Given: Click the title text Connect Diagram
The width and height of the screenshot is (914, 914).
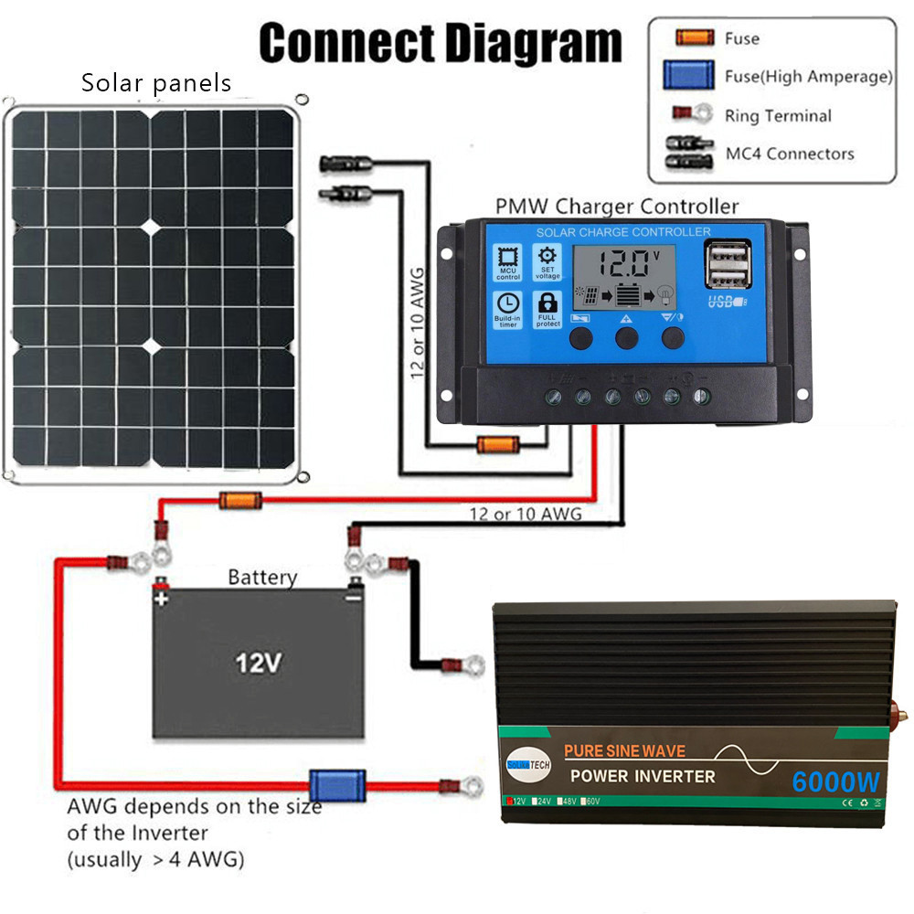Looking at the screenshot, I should [x=440, y=42].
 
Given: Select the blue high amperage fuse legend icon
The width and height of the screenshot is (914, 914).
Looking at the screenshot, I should [x=688, y=76].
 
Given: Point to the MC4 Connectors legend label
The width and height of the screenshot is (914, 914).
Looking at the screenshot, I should [x=790, y=154].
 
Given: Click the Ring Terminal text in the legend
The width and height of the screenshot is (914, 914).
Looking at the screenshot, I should [x=778, y=116].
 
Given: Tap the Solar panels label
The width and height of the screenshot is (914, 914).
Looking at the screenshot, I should [x=156, y=84].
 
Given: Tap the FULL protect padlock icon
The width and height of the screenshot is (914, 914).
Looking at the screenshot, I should [x=547, y=309].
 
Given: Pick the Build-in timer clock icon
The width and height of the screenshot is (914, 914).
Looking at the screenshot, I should [x=507, y=309].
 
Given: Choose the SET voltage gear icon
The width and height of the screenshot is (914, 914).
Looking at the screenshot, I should [x=547, y=260].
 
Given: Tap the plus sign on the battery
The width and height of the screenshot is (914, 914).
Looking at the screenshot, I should [x=162, y=599].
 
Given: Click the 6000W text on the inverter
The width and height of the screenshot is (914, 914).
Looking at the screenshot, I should [x=835, y=782].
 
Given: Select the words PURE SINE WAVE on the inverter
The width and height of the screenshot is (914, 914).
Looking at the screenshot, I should [x=624, y=751].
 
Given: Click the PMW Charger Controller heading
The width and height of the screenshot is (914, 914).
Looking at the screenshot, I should [x=616, y=207].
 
